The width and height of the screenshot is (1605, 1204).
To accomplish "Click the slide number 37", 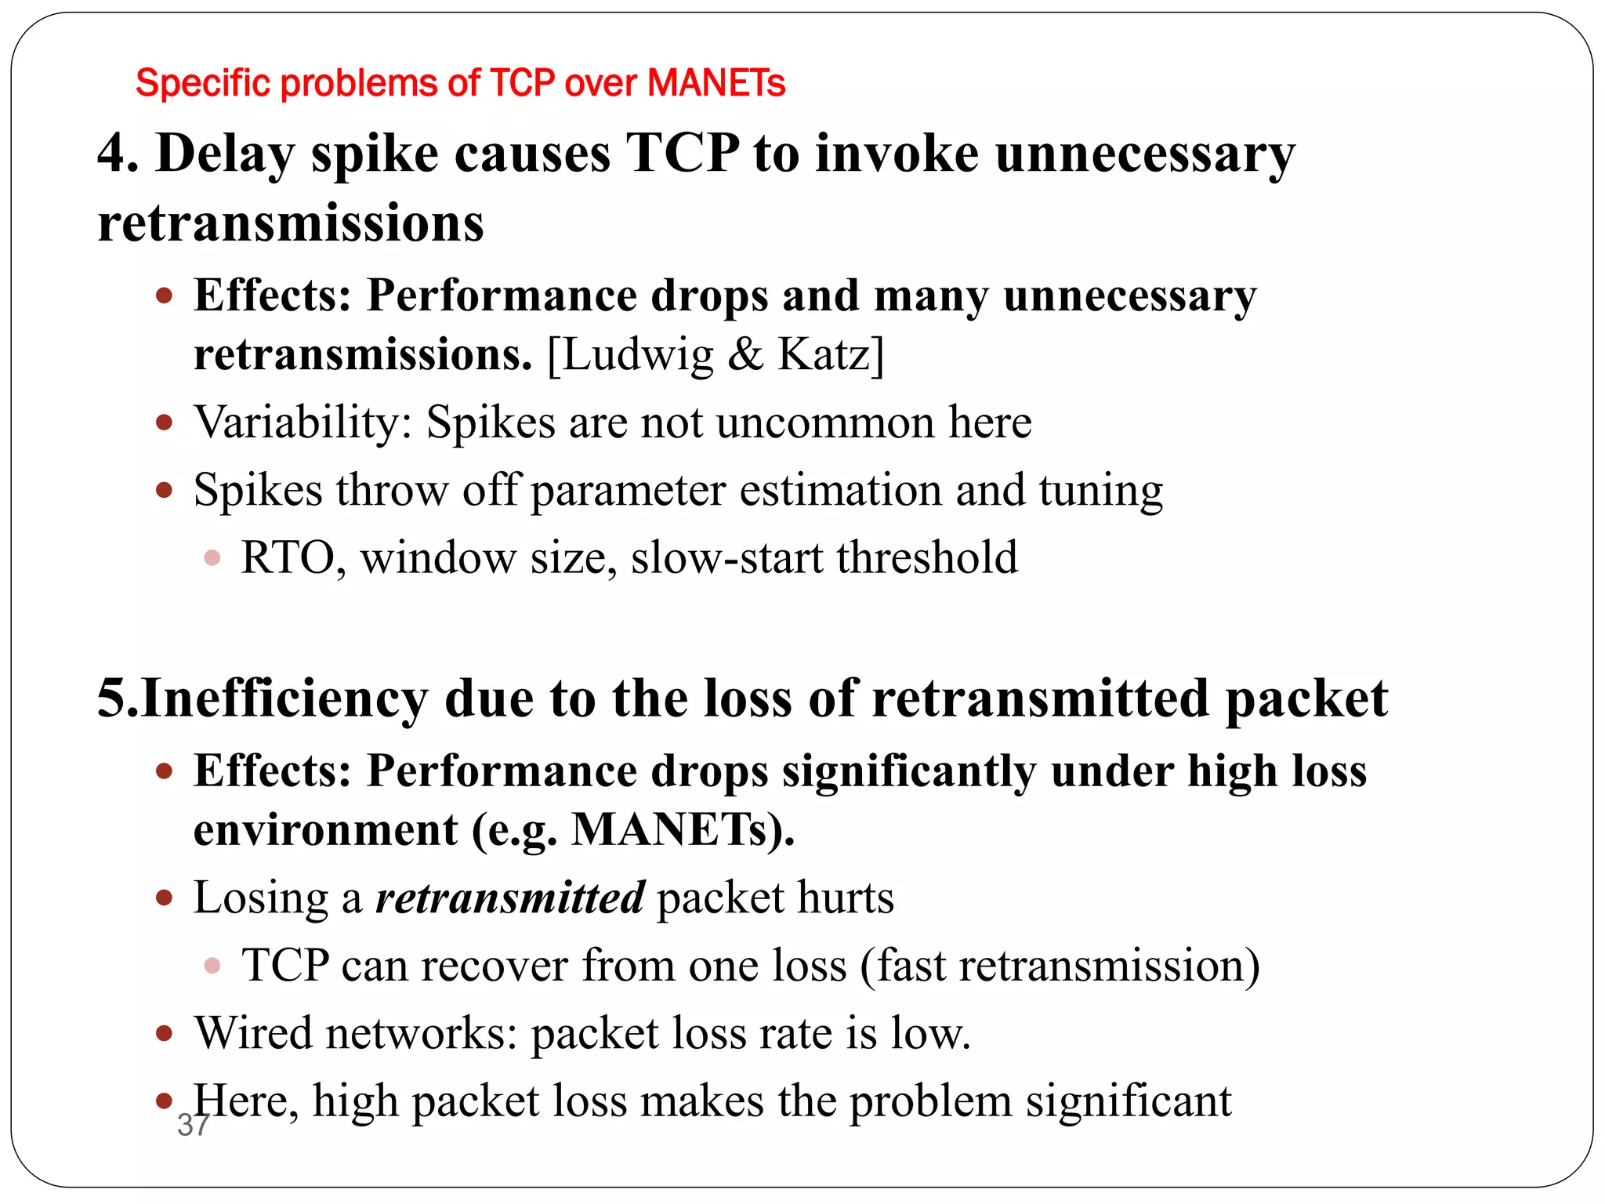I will pyautogui.click(x=193, y=1125).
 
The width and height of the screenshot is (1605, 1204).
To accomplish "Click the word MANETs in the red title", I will pyautogui.click(x=716, y=82).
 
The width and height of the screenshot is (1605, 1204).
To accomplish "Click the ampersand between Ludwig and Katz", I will pyautogui.click(x=745, y=355).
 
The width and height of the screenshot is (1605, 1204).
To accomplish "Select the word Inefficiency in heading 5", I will pyautogui.click(x=285, y=698).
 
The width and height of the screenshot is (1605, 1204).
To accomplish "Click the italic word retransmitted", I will pyautogui.click(x=509, y=898).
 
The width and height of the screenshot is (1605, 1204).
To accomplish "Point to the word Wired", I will pyautogui.click(x=253, y=1033).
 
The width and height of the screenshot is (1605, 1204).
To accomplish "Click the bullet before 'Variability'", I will pyautogui.click(x=164, y=423).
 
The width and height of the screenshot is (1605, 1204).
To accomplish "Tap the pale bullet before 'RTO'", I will pyautogui.click(x=212, y=558).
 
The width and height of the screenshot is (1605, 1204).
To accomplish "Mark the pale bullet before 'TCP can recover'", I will pyautogui.click(x=212, y=966).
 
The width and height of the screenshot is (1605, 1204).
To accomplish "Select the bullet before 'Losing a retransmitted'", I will pyautogui.click(x=164, y=898).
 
